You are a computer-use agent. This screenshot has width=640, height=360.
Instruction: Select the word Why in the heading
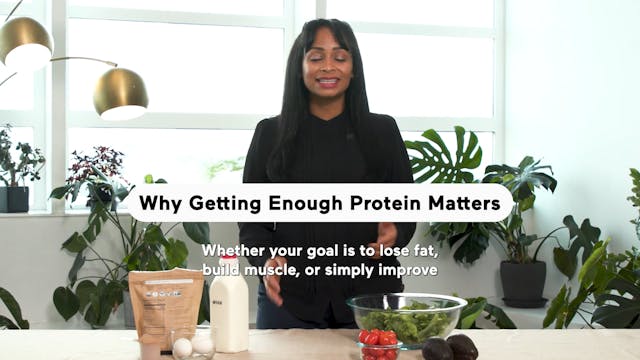[x=156, y=204]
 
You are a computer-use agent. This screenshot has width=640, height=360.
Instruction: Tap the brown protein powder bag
[x=164, y=304]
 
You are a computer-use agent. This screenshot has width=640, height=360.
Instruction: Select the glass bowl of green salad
[x=405, y=317]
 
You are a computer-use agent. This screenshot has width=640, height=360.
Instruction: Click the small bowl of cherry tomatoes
[x=379, y=343]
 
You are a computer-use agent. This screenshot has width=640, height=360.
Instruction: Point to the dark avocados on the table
[x=449, y=347]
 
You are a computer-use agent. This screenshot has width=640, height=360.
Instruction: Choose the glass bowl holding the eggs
[x=192, y=345]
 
